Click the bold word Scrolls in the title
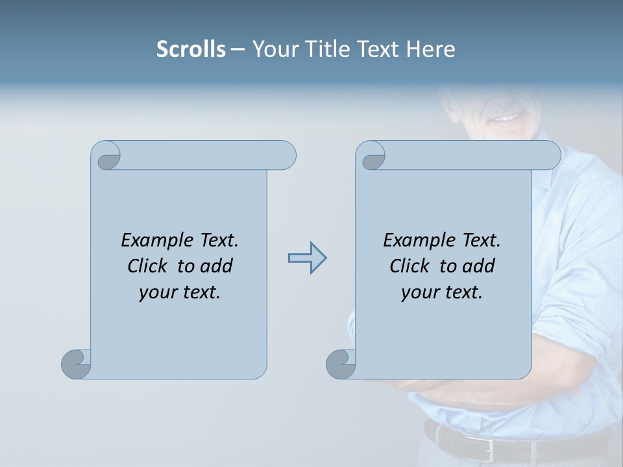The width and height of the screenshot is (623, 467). (191, 49)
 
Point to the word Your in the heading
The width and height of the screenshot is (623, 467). (273, 49)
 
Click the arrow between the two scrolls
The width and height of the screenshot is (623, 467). (307, 258)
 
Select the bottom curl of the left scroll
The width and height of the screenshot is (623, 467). (76, 363)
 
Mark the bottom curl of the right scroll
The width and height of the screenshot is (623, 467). (341, 363)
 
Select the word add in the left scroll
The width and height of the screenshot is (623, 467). (217, 266)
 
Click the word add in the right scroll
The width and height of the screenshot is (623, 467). (479, 266)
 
